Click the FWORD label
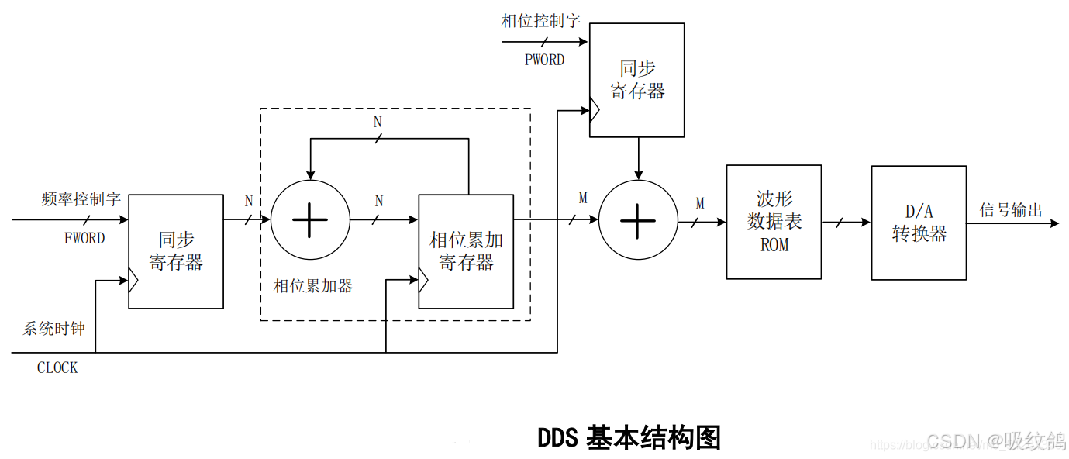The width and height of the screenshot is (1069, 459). (84, 238)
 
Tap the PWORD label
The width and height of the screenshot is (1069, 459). (544, 60)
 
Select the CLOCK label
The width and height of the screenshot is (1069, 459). (57, 368)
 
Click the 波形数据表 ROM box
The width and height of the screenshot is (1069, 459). (773, 222)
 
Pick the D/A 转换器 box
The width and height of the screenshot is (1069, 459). (919, 223)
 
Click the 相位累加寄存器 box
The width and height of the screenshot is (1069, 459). (466, 251)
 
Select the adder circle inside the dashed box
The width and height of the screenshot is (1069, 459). (310, 220)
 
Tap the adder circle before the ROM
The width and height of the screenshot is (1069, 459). (638, 221)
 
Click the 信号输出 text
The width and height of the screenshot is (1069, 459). (1011, 209)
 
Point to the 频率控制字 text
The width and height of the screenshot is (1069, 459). (81, 199)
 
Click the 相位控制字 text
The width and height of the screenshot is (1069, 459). (541, 21)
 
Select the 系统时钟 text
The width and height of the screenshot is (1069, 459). (53, 328)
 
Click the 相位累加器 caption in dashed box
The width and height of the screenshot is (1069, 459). (313, 286)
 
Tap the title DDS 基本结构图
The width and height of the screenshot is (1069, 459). (629, 437)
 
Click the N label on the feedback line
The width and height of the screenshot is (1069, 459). (378, 123)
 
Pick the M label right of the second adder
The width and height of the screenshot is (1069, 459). (700, 203)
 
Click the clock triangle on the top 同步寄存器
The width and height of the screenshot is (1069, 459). (595, 111)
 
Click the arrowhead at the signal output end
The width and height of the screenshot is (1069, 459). (1053, 223)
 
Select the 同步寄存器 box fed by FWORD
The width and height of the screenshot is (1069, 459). (176, 251)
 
